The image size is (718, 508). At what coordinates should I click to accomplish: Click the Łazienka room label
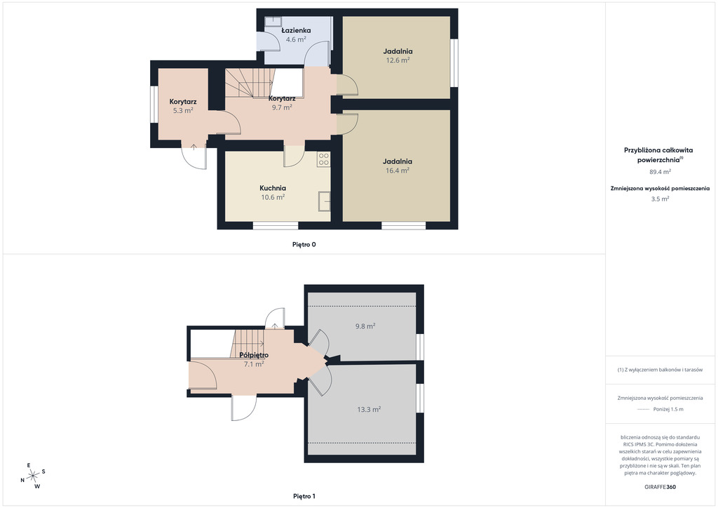tap(296, 30)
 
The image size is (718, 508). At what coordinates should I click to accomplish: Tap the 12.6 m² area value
tap(398, 60)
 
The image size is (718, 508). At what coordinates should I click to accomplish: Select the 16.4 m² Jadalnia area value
tap(398, 171)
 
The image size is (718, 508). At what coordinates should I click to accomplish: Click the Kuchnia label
tap(273, 188)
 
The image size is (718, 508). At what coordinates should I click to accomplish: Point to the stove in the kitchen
tap(323, 159)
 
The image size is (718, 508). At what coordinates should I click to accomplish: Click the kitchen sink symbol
tap(324, 201)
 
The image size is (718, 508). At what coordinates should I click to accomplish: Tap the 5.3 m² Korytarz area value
tap(183, 110)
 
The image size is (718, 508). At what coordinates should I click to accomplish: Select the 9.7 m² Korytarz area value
tap(282, 107)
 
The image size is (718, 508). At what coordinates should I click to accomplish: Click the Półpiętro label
tap(254, 355)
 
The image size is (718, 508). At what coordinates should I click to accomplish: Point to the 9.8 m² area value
tap(365, 326)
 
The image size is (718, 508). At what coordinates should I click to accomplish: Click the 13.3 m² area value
tap(369, 410)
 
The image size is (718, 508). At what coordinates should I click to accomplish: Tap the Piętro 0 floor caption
tap(304, 245)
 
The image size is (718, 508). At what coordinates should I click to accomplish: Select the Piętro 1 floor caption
tap(304, 496)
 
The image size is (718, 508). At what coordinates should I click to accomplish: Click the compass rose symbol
tap(33, 476)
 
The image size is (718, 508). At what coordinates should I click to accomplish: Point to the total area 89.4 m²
tap(661, 172)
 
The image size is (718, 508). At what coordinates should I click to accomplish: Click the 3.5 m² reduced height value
tap(661, 199)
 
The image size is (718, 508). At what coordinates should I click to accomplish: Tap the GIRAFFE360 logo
tap(660, 487)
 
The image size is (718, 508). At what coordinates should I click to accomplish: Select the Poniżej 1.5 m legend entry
tap(661, 409)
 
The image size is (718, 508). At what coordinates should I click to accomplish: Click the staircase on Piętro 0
tap(250, 83)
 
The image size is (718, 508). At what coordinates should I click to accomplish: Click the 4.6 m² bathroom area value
tap(296, 39)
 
